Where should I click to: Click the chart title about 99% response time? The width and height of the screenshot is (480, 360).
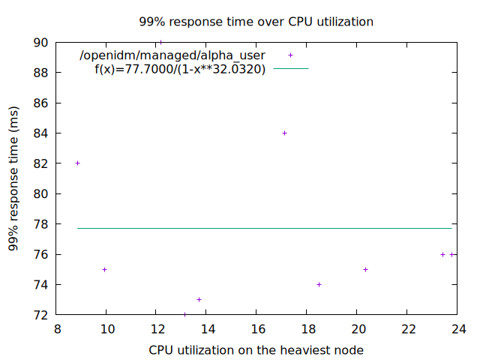(256, 22)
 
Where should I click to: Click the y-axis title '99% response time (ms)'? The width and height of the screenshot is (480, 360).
(13, 178)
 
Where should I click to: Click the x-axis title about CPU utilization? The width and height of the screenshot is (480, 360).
(256, 349)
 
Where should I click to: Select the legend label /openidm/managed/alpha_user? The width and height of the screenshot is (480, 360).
(173, 55)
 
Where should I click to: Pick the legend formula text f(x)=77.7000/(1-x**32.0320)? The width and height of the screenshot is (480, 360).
(180, 69)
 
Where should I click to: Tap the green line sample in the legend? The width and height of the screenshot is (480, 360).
(290, 69)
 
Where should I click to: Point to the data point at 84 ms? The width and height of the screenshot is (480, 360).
(284, 133)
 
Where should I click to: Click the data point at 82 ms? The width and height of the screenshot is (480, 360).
(77, 163)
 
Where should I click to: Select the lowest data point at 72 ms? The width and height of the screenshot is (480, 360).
(184, 314)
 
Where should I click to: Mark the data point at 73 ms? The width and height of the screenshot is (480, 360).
(199, 299)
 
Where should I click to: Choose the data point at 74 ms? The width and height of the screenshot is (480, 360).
(319, 284)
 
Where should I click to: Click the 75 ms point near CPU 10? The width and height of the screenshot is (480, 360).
(104, 269)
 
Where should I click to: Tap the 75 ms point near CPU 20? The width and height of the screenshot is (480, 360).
(365, 269)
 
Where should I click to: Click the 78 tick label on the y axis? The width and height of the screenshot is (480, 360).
(42, 224)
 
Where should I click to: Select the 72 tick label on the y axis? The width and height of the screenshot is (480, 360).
(42, 315)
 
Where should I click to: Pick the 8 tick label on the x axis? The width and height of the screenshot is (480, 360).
(57, 328)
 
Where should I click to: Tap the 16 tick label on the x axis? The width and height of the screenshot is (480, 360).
(257, 328)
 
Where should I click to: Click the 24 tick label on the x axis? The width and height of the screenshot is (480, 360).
(457, 328)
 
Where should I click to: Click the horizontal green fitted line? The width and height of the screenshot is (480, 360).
(262, 228)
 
